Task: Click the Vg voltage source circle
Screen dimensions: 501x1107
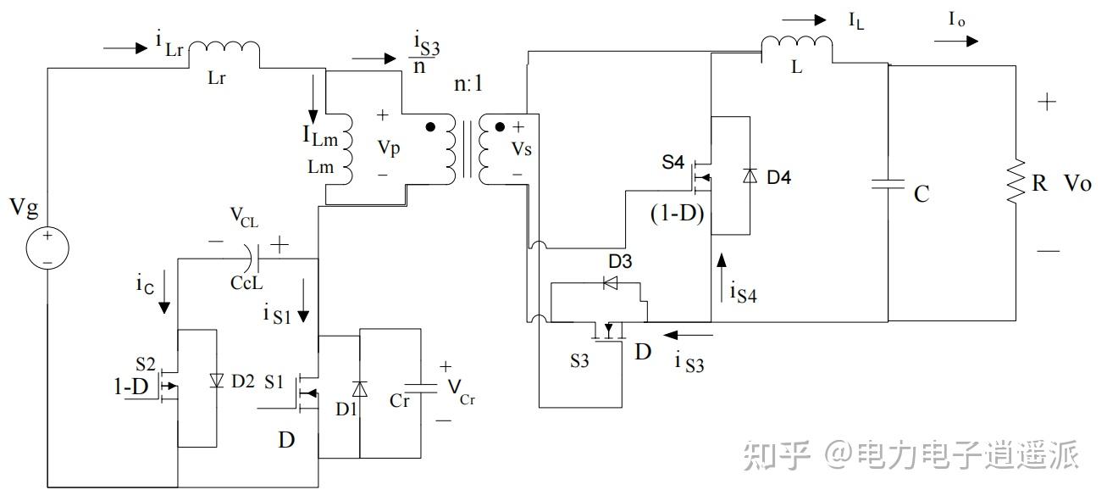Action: [x=47, y=248]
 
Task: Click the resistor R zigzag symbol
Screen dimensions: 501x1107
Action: [x=1016, y=181]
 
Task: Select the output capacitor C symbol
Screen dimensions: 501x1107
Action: [x=888, y=185]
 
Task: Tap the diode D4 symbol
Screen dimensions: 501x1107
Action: [x=749, y=176]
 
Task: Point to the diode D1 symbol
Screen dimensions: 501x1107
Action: [x=359, y=389]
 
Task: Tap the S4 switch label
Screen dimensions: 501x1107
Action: [x=673, y=162]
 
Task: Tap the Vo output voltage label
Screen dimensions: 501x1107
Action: [x=1077, y=183]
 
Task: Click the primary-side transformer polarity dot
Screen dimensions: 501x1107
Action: [x=431, y=127]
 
